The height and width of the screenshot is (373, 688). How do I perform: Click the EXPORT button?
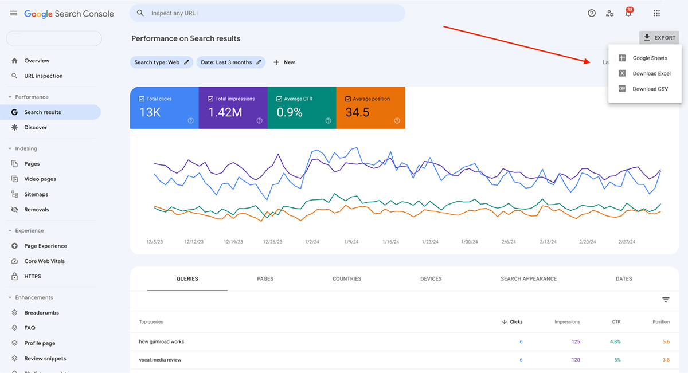pos(659,38)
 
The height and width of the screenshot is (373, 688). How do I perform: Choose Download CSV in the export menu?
pos(650,89)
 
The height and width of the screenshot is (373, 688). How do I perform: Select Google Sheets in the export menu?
pos(650,58)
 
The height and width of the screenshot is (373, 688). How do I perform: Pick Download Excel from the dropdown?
pos(651,73)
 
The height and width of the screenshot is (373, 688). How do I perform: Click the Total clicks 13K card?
pos(164,108)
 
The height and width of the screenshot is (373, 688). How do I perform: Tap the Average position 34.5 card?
pos(370,108)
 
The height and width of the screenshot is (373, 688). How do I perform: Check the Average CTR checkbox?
pos(279,99)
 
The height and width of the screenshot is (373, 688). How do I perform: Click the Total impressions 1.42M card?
pos(233,108)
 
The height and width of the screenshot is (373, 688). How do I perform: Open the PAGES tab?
pos(265,279)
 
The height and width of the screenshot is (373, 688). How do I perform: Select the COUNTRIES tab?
pos(347,279)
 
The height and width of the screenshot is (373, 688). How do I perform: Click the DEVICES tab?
pos(431,279)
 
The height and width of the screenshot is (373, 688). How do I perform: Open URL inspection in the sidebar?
pos(44,76)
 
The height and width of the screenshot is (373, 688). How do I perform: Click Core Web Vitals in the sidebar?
pos(44,261)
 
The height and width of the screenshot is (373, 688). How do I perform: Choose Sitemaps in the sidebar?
pos(36,194)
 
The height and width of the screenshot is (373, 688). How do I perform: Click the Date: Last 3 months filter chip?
pos(230,62)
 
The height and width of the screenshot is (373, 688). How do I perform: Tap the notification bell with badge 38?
pos(628,13)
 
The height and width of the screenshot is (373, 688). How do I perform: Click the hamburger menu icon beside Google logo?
pos(13,13)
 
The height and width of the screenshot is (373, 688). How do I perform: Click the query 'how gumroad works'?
pos(162,342)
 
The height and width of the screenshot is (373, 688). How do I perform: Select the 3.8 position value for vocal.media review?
pos(666,360)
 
